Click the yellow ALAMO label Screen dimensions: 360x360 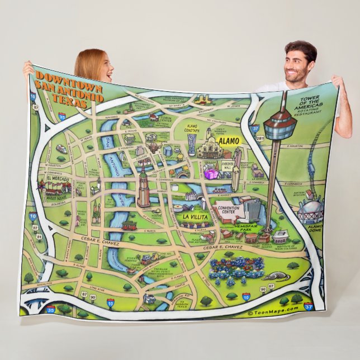(x=228, y=141)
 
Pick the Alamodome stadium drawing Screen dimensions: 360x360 (x=310, y=210)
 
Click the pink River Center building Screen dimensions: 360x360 (x=211, y=173)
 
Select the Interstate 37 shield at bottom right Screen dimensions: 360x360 (x=309, y=306)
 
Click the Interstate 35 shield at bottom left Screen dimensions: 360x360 (x=51, y=308)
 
